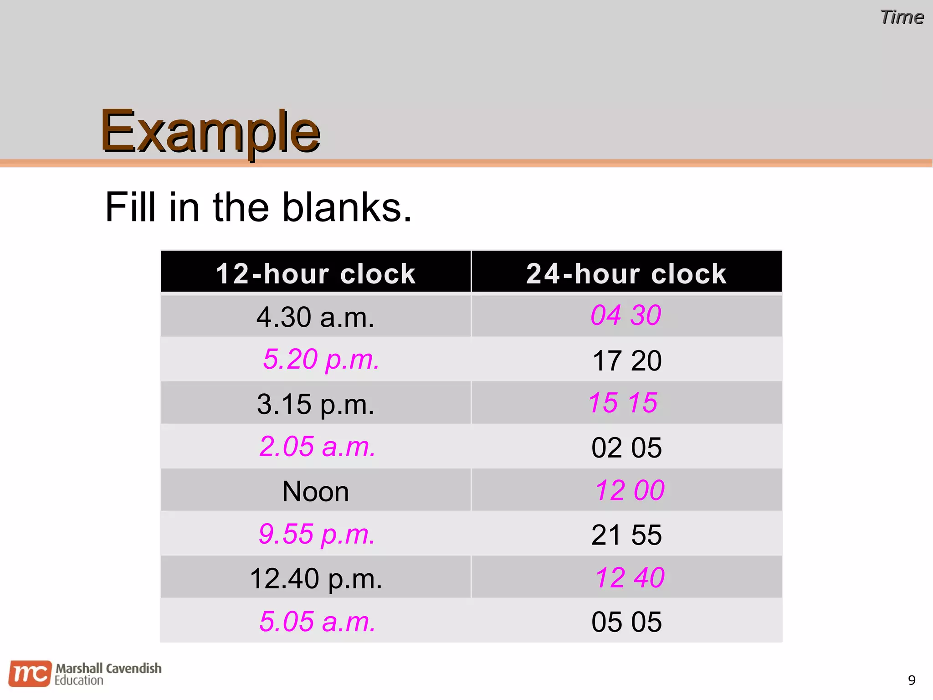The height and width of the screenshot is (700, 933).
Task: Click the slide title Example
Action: tap(210, 132)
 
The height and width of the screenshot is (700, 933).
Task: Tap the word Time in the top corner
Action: tap(902, 17)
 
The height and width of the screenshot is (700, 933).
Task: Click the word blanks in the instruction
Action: tap(347, 207)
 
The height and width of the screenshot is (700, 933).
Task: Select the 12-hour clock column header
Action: tap(315, 273)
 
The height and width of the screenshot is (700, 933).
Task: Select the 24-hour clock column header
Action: tap(626, 273)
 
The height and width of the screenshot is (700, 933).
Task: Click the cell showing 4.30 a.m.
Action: tap(315, 317)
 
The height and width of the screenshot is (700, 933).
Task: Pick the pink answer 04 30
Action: tap(625, 315)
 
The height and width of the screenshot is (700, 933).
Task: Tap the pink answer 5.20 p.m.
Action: tap(321, 359)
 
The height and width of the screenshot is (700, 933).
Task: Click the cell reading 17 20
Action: tap(626, 360)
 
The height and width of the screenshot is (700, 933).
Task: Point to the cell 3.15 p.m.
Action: tap(315, 404)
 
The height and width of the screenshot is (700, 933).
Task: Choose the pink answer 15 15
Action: tap(623, 402)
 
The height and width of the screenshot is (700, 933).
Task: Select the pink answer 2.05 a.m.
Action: tap(318, 446)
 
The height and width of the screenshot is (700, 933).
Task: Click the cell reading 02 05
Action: tap(626, 448)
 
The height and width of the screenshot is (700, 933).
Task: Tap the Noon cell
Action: tap(315, 491)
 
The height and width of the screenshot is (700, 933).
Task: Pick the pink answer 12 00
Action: tap(630, 490)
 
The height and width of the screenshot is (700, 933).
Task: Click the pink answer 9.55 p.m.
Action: tap(317, 534)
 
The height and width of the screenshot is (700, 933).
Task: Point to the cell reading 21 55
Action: tap(626, 535)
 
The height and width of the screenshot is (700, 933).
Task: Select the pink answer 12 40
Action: tap(630, 577)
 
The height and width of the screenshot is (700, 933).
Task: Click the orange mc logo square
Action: tap(30, 673)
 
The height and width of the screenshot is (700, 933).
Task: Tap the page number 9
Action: tap(912, 680)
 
